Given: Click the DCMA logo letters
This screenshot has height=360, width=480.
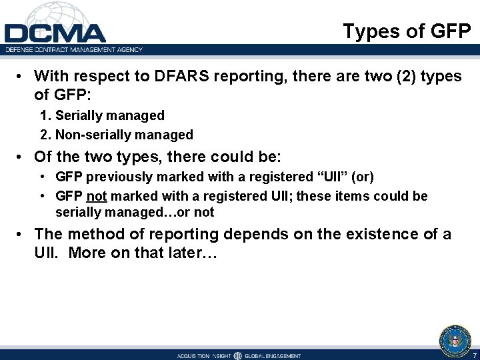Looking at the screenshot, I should [55, 33].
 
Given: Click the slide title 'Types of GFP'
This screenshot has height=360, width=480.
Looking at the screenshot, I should [407, 31].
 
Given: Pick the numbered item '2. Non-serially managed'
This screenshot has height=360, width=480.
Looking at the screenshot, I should [117, 135].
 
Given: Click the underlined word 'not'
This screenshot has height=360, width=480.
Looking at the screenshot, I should [96, 196].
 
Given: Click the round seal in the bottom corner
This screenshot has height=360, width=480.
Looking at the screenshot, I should [455, 340].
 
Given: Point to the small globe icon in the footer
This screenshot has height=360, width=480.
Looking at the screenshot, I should [237, 355].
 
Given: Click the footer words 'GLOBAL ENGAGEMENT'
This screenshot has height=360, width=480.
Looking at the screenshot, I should [273, 355].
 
